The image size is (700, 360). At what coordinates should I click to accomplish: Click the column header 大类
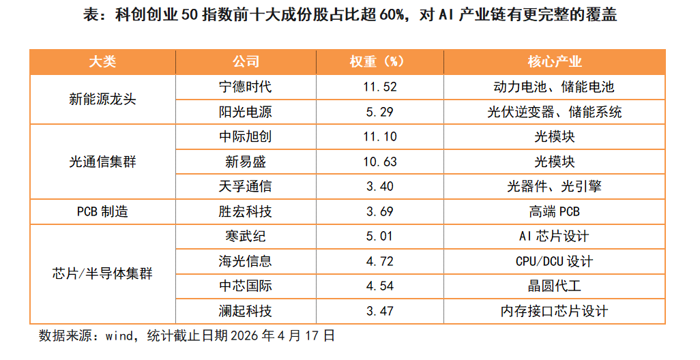pyautogui.click(x=102, y=61)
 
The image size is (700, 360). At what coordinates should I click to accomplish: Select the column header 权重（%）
pyautogui.click(x=379, y=61)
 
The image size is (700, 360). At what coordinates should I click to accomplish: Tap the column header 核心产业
pyautogui.click(x=555, y=61)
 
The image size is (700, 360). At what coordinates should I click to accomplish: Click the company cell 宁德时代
pyautogui.click(x=245, y=87)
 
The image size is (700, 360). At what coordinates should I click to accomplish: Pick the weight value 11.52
pyautogui.click(x=379, y=87)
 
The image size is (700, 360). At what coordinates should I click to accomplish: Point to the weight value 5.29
pyautogui.click(x=379, y=112)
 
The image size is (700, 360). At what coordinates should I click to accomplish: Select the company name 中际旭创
pyautogui.click(x=245, y=136)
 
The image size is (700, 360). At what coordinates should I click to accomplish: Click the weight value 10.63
pyautogui.click(x=379, y=162)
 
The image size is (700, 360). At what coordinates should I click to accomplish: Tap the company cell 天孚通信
pyautogui.click(x=245, y=186)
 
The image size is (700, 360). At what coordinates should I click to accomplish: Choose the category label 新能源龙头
pyautogui.click(x=102, y=99)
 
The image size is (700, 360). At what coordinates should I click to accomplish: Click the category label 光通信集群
pyautogui.click(x=102, y=162)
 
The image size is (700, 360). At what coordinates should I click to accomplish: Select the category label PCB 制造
pyautogui.click(x=102, y=211)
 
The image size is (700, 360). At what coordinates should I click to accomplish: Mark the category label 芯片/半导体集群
pyautogui.click(x=102, y=273)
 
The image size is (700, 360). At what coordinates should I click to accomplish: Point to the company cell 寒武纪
pyautogui.click(x=245, y=236)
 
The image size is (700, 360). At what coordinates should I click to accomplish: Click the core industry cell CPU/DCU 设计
pyautogui.click(x=555, y=261)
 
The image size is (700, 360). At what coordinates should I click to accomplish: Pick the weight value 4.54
pyautogui.click(x=379, y=286)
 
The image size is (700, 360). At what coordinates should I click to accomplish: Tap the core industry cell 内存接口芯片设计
pyautogui.click(x=555, y=311)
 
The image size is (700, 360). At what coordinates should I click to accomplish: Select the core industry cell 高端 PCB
pyautogui.click(x=555, y=211)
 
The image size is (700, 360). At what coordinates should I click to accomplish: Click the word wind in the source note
pyautogui.click(x=119, y=335)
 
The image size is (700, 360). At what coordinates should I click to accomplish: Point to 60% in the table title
pyautogui.click(x=392, y=15)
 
